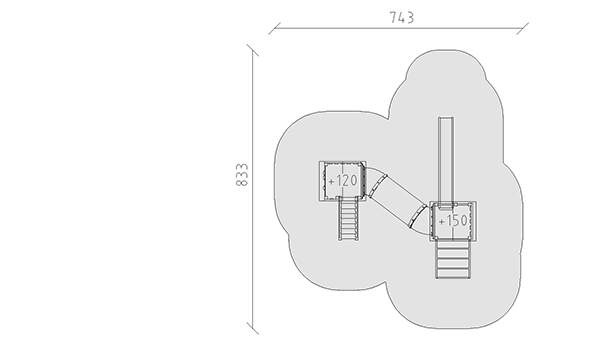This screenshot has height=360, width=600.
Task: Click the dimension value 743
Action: click(x=401, y=18)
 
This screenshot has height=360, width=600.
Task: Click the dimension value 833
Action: click(x=242, y=175)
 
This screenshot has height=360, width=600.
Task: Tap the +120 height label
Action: click(x=343, y=181)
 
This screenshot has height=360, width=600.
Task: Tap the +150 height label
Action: click(x=453, y=221)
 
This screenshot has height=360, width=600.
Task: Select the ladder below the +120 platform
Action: click(x=348, y=218)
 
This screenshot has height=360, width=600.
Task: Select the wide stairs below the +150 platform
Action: click(x=453, y=259)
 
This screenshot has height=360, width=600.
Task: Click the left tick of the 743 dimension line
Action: click(x=274, y=28)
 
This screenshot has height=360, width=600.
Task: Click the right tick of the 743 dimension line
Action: click(x=523, y=28)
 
